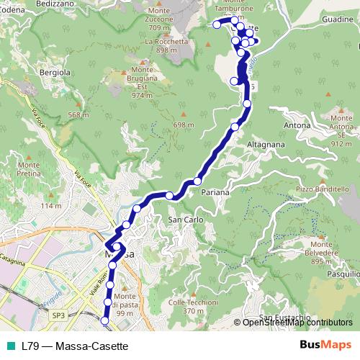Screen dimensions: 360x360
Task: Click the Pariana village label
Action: (x=215, y=193)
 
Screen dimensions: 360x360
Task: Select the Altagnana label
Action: (x=267, y=144)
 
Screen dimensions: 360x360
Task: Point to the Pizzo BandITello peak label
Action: (x=318, y=188)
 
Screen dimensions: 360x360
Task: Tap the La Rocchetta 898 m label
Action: (x=161, y=46)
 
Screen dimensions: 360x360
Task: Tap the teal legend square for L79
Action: (x=9, y=346)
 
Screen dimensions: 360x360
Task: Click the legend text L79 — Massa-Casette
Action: (x=70, y=346)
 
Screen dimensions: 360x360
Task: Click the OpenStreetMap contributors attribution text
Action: (x=297, y=322)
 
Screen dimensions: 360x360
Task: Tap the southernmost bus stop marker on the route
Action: (x=106, y=320)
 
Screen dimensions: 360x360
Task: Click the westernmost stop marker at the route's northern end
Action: (x=216, y=24)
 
